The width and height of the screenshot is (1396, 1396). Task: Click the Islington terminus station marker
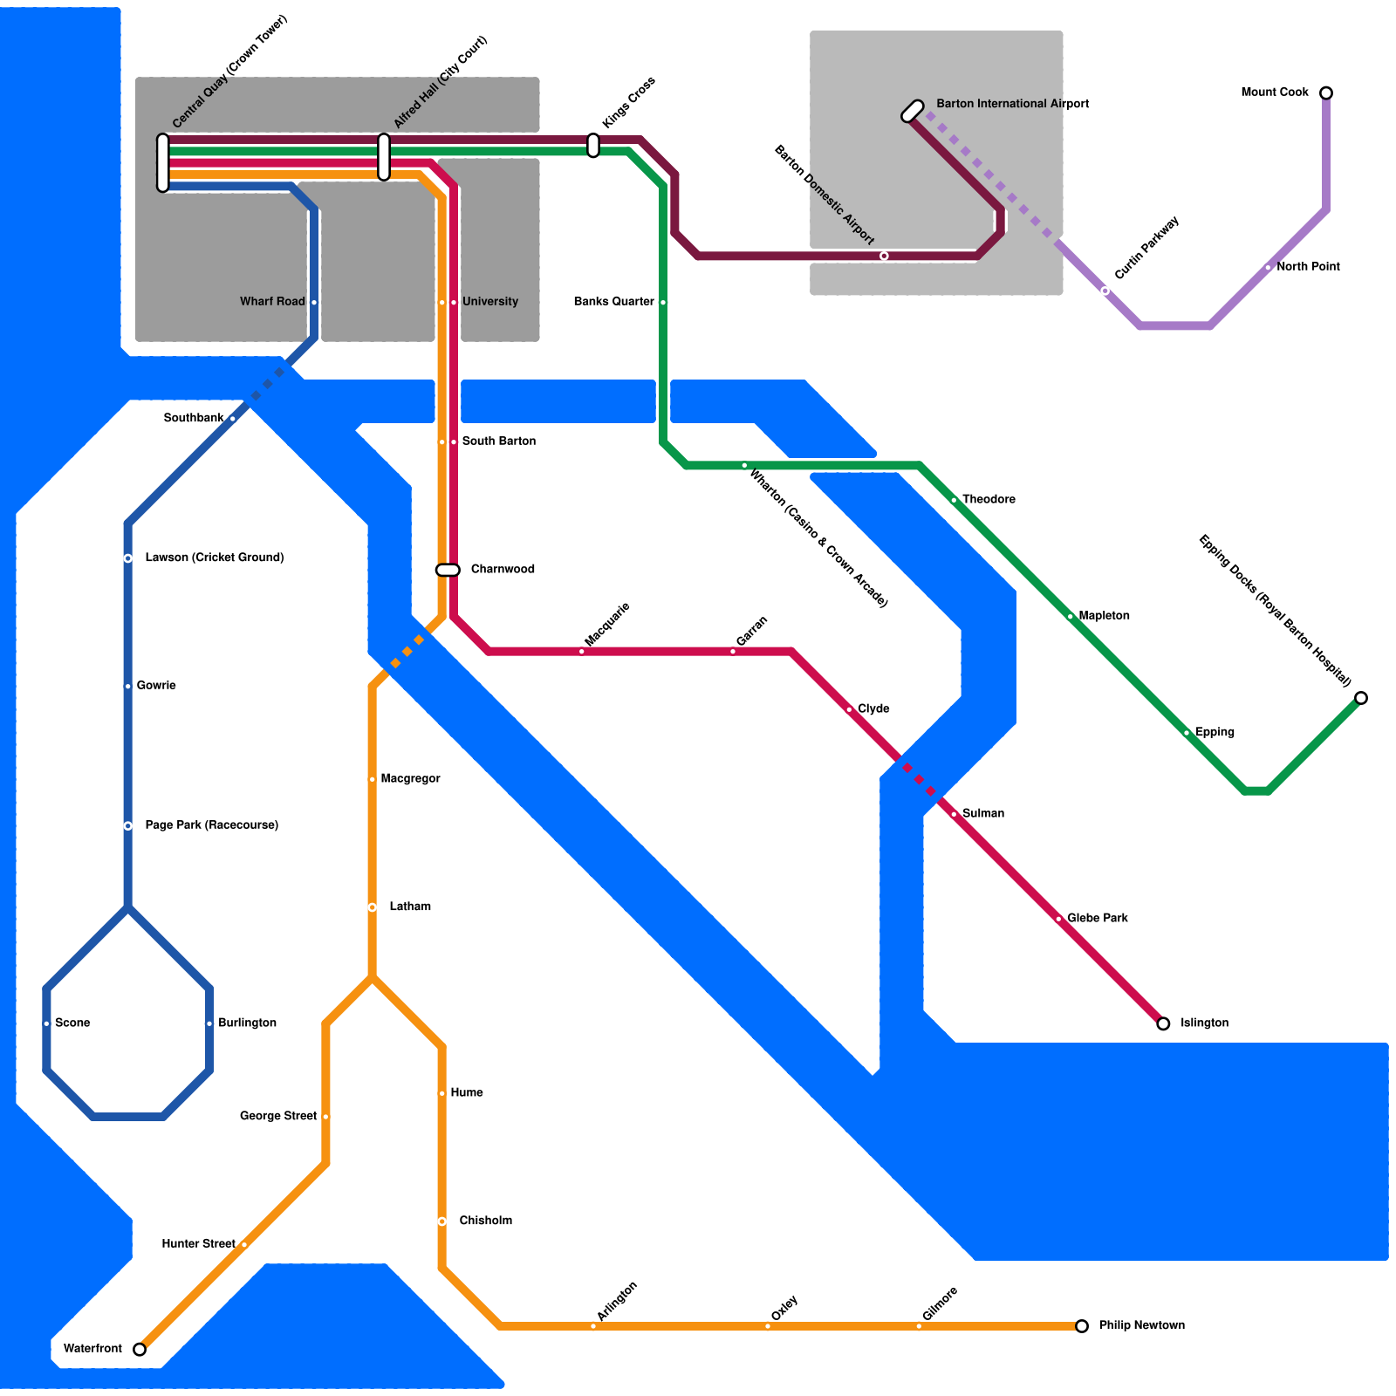tap(1163, 1023)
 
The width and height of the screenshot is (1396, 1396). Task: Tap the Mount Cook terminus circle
tap(1326, 92)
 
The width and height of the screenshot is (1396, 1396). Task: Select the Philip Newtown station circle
tap(1082, 1326)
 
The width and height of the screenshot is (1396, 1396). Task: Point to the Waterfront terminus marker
tap(140, 1350)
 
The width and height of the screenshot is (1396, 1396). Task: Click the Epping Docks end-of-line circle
tap(1361, 698)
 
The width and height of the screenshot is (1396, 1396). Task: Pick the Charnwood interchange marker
tap(448, 570)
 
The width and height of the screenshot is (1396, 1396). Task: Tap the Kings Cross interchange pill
tap(593, 146)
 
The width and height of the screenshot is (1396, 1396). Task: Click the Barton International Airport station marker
tap(913, 111)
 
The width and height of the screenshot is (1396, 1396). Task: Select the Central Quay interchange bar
tap(163, 163)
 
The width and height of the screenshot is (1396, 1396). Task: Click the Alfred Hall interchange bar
tap(384, 157)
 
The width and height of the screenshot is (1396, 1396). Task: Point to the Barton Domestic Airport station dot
tap(884, 256)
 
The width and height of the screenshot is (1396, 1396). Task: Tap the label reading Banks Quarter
tap(613, 302)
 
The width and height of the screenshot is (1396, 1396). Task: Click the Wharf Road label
tap(272, 302)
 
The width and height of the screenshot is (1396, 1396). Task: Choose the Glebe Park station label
tap(1097, 918)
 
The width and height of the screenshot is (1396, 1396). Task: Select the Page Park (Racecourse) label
tap(211, 825)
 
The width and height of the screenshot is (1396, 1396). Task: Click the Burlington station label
tap(247, 1023)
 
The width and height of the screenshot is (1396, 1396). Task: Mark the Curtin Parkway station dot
tap(1105, 291)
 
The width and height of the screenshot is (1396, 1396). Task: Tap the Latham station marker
tap(373, 907)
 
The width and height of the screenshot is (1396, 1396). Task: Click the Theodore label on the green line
tap(989, 499)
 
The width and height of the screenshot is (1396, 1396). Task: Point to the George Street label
tap(277, 1116)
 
